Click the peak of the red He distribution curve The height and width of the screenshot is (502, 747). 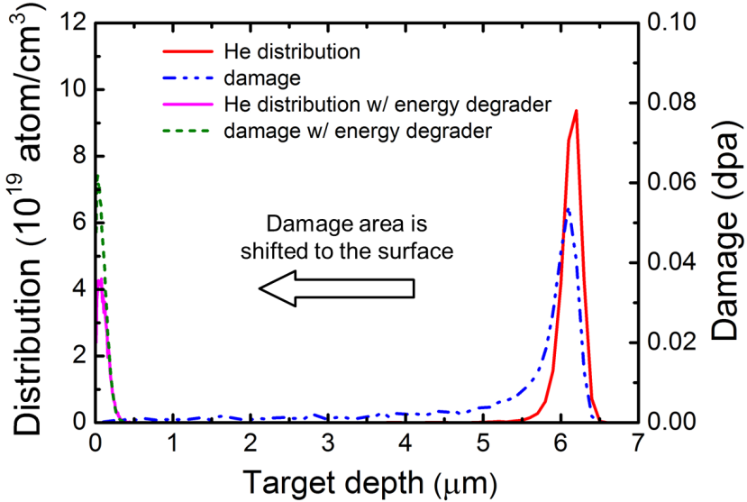tap(575, 111)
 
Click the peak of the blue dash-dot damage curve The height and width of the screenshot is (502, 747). tap(567, 209)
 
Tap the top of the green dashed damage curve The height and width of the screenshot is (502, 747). tap(96, 176)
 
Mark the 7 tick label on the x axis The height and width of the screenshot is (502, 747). tap(638, 444)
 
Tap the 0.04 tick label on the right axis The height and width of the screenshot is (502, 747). tap(668, 262)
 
